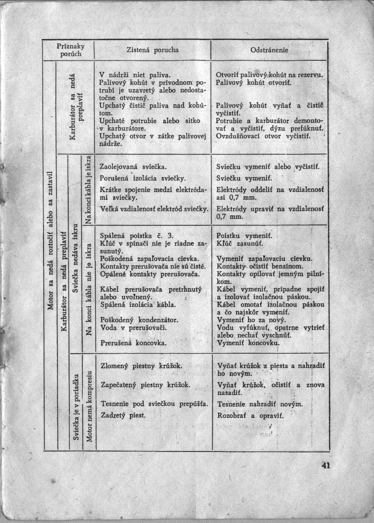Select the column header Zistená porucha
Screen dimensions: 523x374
click(153, 50)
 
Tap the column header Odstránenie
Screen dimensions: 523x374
click(269, 50)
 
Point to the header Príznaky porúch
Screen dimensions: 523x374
click(71, 50)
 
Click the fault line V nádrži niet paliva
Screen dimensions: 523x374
click(129, 74)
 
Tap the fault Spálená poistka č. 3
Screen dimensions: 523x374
click(137, 236)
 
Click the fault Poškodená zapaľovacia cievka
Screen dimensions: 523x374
click(149, 258)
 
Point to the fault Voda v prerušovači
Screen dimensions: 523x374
click(127, 327)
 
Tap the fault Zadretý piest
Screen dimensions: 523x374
click(123, 415)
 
